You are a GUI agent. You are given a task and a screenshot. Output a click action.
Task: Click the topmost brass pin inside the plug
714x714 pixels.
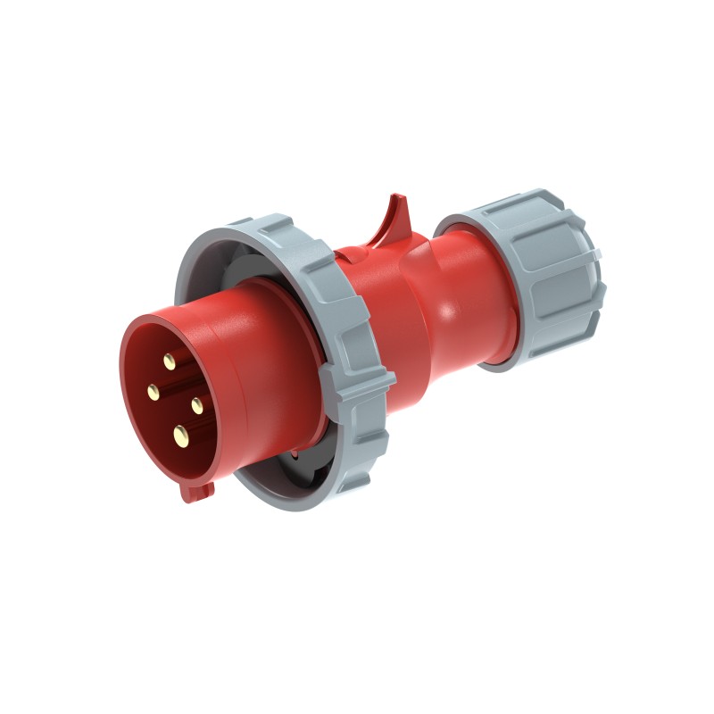coord(169,361)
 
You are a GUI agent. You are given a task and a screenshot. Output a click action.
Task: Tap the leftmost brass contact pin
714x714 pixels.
coord(153,389)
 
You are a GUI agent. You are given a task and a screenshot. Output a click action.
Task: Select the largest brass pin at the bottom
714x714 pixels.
coord(181,435)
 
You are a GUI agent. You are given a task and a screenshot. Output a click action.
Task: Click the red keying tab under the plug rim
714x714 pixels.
coord(198,489)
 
